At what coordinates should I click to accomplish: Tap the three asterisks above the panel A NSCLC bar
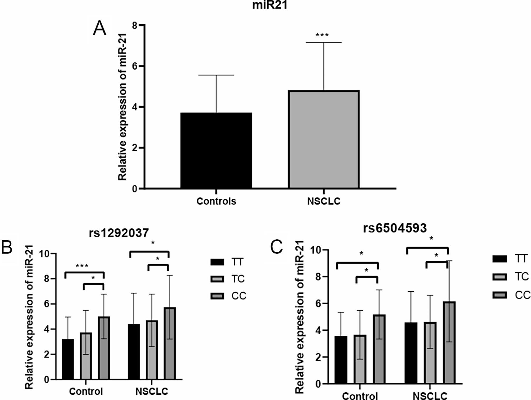322,35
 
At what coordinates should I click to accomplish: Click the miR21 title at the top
269,5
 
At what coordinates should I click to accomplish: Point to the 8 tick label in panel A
135,26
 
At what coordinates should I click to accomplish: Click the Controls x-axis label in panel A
216,201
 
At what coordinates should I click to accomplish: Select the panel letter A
99,29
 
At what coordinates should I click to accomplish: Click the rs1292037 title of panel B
119,233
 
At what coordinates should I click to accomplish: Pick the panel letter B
7,247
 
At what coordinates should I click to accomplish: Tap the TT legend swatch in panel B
217,262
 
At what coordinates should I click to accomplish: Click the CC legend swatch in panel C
500,295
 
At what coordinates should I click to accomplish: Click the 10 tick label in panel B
44,254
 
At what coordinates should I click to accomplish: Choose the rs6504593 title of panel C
395,228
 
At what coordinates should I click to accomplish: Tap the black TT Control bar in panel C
341,360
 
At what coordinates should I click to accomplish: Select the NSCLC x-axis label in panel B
152,391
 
